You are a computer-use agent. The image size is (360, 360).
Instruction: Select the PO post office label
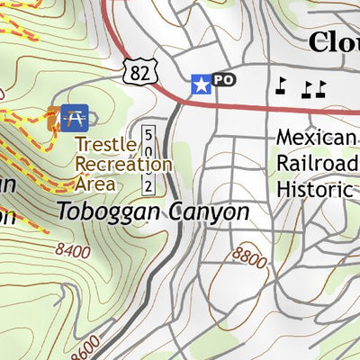coord(223,81)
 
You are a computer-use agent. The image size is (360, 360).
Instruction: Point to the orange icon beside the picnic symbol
coord(54,117)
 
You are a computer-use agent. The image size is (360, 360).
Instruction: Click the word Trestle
coord(105,145)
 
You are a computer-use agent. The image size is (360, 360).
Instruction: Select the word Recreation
coord(123,165)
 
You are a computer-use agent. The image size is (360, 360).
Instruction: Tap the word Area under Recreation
coord(95,184)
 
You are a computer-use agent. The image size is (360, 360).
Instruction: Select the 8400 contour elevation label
coord(72,250)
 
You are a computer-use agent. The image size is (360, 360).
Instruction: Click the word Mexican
coord(317,138)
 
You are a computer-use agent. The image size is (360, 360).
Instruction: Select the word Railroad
coord(317,163)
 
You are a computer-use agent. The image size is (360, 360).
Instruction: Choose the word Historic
coord(314,189)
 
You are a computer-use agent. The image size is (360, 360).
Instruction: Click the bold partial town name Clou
coord(333,41)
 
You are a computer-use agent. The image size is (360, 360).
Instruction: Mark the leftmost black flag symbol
coord(281,85)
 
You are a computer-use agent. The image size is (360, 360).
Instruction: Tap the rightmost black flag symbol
coord(319,87)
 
